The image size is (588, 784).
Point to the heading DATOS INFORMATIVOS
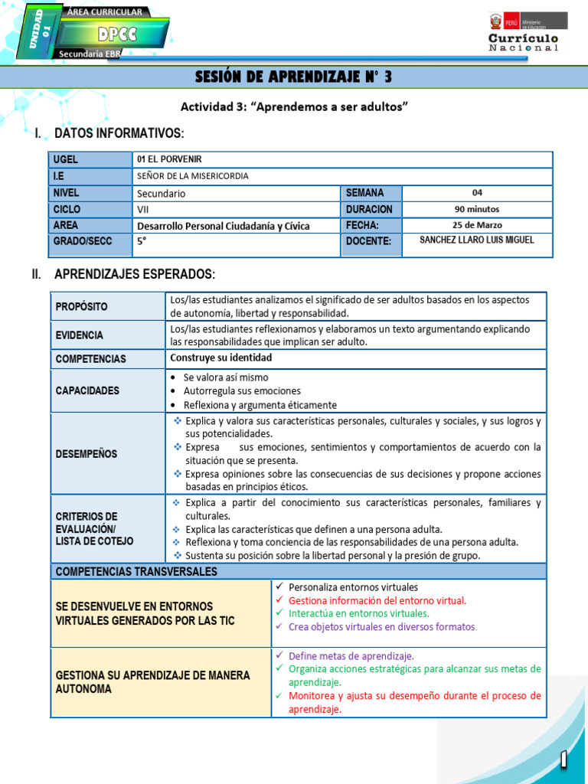(119, 134)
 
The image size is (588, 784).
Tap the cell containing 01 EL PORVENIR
(168, 159)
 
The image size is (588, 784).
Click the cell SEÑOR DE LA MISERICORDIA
(192, 176)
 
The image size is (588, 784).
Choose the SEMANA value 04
(477, 193)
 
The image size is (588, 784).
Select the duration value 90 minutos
(477, 209)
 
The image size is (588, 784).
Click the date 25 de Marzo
(477, 225)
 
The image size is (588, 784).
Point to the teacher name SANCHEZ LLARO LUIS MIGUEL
(477, 240)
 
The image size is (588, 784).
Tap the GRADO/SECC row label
(83, 241)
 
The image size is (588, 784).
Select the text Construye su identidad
(220, 358)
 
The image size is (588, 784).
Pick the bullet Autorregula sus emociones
(242, 391)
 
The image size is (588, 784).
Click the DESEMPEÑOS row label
(87, 454)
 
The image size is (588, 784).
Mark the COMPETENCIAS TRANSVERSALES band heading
(136, 571)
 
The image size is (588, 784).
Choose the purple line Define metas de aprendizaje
(351, 656)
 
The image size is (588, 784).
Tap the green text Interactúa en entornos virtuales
(358, 613)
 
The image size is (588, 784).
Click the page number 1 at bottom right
(563, 759)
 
